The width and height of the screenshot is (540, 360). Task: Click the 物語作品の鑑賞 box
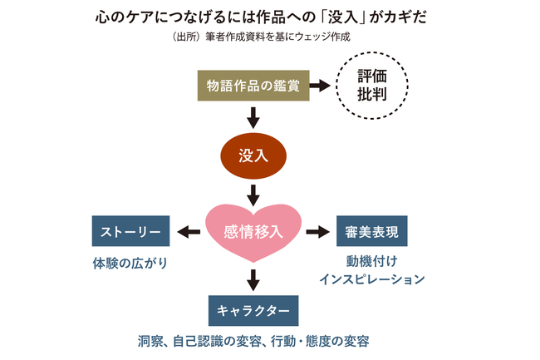(253, 86)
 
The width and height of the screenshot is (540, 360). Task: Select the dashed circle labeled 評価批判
(371, 85)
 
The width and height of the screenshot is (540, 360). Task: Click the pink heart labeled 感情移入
(253, 230)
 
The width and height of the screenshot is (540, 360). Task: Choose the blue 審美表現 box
(371, 231)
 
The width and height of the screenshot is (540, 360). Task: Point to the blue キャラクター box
(253, 309)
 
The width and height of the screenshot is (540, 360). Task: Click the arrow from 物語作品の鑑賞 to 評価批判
(318, 86)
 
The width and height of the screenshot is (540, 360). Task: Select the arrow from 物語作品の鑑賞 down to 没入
(253, 115)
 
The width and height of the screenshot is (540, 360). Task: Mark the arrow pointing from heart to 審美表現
(317, 231)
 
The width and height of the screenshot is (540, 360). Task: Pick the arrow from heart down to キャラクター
(253, 278)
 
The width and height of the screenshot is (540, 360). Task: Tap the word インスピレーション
(371, 280)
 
